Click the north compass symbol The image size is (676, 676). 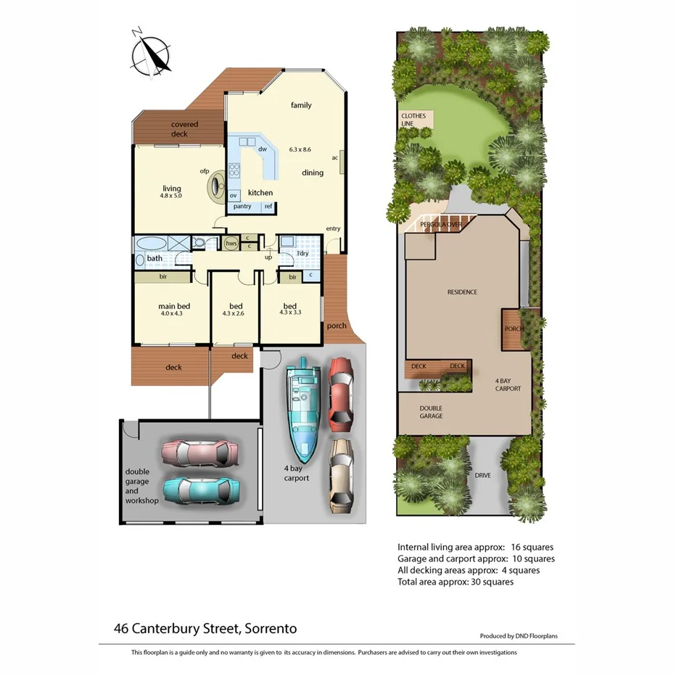tap(151, 51)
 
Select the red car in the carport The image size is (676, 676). tap(341, 392)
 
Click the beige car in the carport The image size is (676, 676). tap(340, 476)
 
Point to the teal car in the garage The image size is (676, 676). tap(200, 490)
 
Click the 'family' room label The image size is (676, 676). tap(301, 105)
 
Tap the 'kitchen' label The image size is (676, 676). tap(260, 193)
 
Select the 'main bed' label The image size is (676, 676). tap(173, 306)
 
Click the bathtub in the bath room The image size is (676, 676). tap(151, 243)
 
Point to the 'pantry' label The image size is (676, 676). tap(242, 207)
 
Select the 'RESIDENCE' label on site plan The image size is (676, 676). tap(462, 292)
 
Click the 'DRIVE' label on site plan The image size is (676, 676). tap(482, 475)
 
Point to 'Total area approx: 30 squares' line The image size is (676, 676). tap(456, 582)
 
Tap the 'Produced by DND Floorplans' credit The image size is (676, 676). tap(527, 636)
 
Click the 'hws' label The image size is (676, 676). tap(231, 244)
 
